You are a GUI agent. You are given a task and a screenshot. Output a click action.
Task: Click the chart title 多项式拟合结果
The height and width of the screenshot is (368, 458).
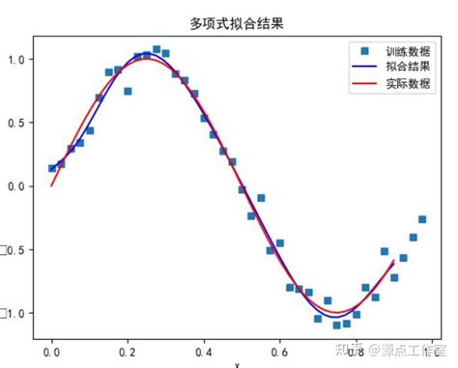coord(229,20)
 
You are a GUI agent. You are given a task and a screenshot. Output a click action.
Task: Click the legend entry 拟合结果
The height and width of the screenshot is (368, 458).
coord(405,67)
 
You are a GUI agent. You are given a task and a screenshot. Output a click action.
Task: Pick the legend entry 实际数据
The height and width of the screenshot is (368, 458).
coord(405,84)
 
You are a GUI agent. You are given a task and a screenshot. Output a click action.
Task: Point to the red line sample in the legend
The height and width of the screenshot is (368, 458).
coord(363,84)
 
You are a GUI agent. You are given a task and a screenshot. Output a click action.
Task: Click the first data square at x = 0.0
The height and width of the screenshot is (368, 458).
coord(52,168)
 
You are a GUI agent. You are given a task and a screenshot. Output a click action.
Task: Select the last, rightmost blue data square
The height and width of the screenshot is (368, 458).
coord(422,219)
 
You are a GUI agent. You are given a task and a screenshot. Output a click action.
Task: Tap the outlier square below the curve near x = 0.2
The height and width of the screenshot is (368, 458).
coord(128,91)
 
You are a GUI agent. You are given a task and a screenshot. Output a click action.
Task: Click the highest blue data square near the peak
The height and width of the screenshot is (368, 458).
coord(157,49)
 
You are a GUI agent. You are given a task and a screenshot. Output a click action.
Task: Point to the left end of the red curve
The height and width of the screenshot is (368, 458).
coord(52,185)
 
